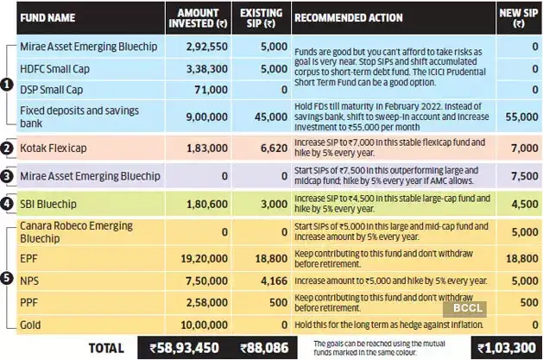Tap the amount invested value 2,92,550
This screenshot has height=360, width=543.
203,47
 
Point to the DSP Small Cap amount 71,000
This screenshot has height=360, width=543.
211,89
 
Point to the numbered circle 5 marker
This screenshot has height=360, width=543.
8,279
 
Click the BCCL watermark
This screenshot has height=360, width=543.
464,306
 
